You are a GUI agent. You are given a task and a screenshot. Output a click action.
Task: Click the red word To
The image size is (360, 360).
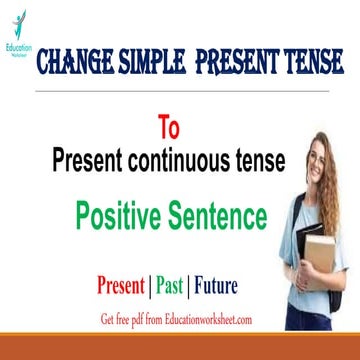tap(168, 129)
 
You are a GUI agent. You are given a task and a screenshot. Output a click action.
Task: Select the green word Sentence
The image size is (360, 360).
tap(218, 214)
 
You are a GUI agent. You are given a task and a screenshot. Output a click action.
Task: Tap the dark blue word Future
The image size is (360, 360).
tap(212, 288)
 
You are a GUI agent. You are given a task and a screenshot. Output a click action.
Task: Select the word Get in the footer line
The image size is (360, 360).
tap(109, 321)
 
